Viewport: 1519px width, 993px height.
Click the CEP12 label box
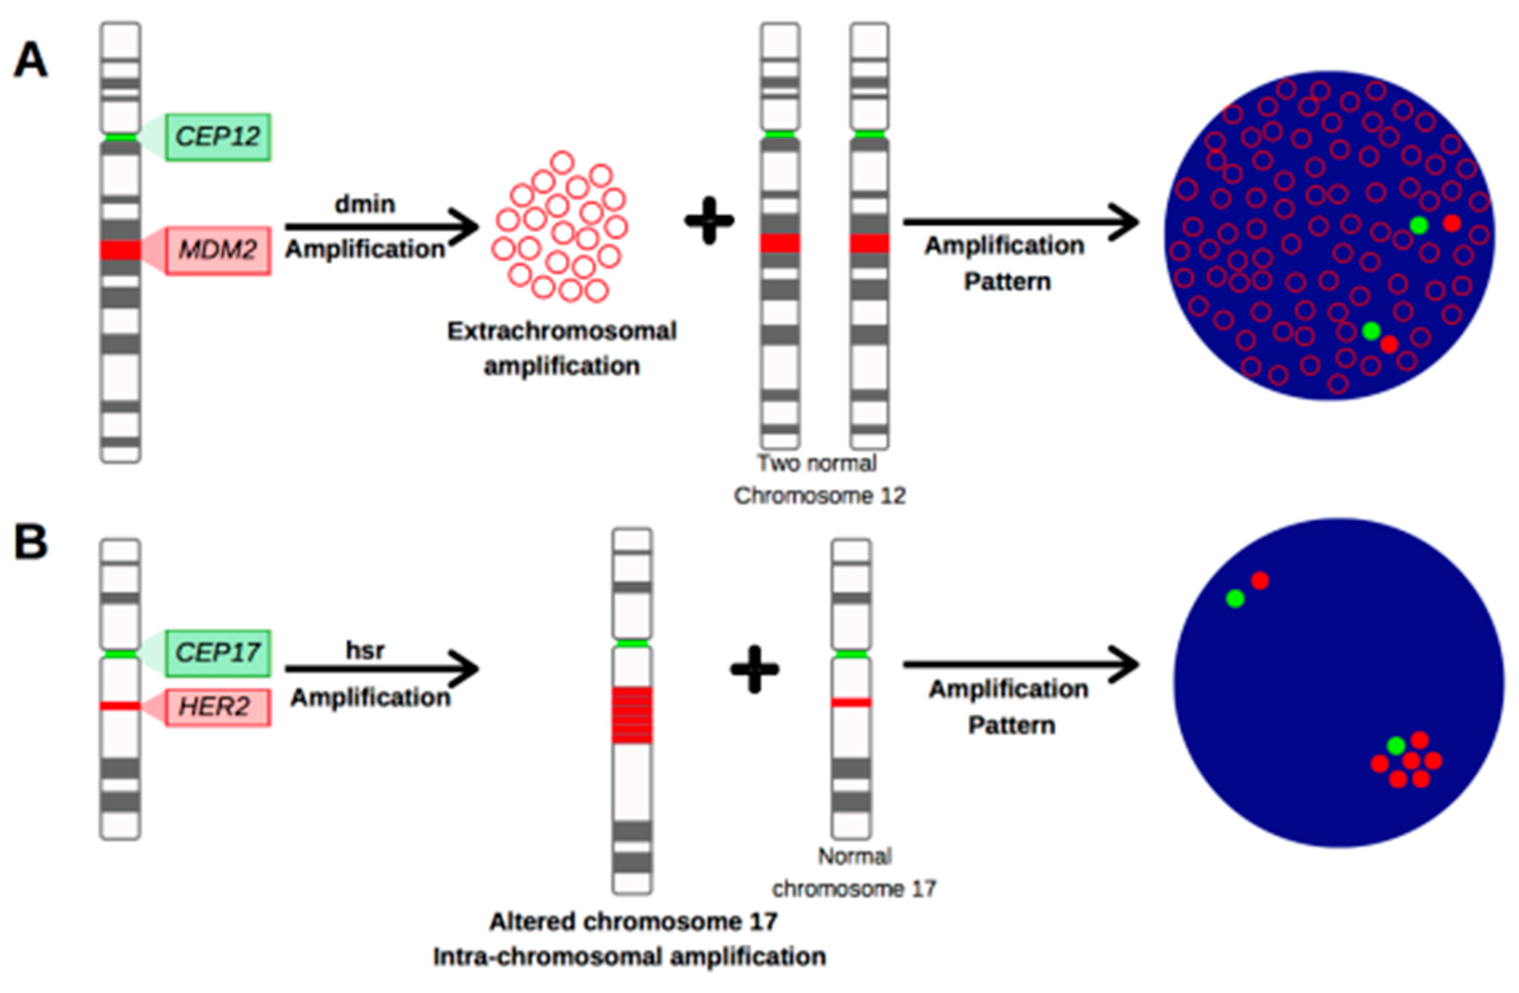pyautogui.click(x=218, y=136)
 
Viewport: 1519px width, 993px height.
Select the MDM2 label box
pyautogui.click(x=218, y=250)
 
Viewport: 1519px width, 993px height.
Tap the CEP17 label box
pyautogui.click(x=218, y=653)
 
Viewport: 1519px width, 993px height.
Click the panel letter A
pyautogui.click(x=30, y=61)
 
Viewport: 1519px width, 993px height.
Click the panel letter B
pyautogui.click(x=30, y=543)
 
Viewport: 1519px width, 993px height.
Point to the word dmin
pyautogui.click(x=365, y=204)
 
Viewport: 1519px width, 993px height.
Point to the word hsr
pyautogui.click(x=365, y=650)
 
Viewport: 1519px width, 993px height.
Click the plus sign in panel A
pyautogui.click(x=709, y=221)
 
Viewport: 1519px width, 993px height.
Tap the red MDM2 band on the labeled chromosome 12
pyautogui.click(x=120, y=250)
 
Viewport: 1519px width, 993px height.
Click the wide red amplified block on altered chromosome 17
pyautogui.click(x=632, y=715)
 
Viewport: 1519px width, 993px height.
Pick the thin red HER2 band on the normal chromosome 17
pyautogui.click(x=851, y=703)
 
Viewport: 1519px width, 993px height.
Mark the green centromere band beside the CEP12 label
pyautogui.click(x=120, y=137)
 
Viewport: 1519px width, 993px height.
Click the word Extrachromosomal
pyautogui.click(x=562, y=331)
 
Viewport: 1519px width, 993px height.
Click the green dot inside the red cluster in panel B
pyautogui.click(x=1396, y=745)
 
